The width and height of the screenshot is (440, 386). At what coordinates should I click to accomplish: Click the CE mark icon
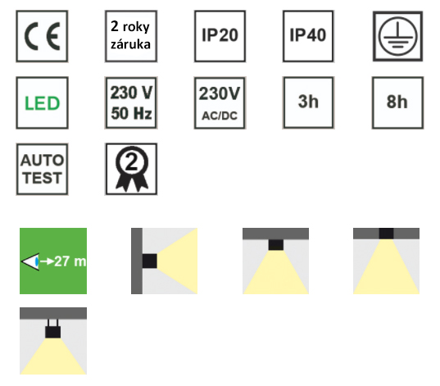(x=42, y=36)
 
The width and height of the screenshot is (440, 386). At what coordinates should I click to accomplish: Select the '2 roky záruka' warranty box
(x=131, y=36)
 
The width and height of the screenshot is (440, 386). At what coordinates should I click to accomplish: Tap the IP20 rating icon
(x=220, y=36)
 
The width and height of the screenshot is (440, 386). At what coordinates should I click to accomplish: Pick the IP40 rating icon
(x=308, y=36)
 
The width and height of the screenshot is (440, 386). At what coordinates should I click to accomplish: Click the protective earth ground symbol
(x=397, y=36)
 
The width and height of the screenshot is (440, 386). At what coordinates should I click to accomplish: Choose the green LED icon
(x=42, y=102)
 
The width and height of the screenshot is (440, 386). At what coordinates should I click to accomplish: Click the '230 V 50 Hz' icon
(x=131, y=102)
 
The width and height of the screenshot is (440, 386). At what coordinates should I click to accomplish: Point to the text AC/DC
(x=220, y=116)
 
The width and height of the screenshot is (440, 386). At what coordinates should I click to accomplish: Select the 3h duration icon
(x=308, y=102)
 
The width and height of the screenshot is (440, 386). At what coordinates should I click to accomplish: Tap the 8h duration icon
(x=397, y=102)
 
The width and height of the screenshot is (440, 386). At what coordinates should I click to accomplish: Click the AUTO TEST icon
(x=42, y=170)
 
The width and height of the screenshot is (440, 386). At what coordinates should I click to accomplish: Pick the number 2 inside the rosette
(x=132, y=162)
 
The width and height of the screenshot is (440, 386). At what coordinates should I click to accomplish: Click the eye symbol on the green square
(x=30, y=261)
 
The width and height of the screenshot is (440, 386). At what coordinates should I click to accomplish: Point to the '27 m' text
(x=70, y=261)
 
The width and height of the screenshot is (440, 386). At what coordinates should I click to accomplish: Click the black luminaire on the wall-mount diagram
(x=150, y=261)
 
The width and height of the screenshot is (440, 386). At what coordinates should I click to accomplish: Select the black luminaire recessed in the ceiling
(x=386, y=234)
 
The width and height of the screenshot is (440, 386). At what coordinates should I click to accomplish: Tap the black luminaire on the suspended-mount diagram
(x=52, y=332)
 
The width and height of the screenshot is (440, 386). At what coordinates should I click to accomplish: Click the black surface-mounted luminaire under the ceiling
(x=276, y=245)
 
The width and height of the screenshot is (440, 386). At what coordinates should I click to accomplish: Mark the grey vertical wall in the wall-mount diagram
(x=137, y=261)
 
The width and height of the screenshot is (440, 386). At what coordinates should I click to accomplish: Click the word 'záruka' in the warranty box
(x=130, y=44)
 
